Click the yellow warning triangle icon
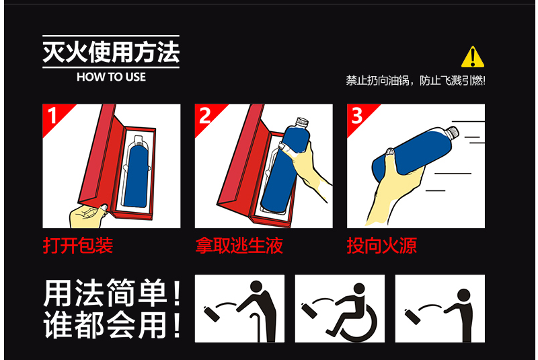473,57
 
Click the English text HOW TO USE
111,77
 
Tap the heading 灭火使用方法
111,52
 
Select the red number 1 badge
55,116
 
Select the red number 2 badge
207,116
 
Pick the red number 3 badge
359,116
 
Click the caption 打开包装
78,246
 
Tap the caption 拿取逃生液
239,246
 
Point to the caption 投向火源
382,246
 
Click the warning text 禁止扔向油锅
377,81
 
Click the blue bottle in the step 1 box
137,176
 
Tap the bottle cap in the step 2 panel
301,122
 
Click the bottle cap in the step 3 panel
453,132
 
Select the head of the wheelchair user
359,289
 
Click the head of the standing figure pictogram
463,295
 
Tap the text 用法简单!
112,293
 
